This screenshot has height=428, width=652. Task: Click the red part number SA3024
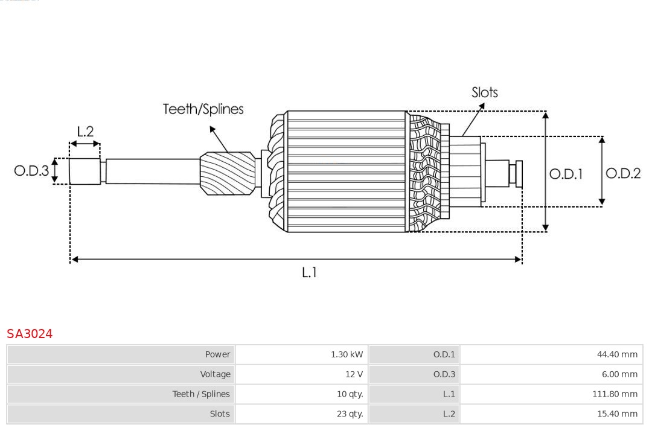pos(30,334)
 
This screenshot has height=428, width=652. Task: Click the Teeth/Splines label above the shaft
pos(203,109)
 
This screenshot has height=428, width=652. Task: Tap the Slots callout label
pos(484,92)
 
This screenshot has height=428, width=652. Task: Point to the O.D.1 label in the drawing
pos(566,174)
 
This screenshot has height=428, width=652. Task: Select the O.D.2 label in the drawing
pos(622,174)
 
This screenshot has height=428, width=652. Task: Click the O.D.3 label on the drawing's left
pos(31,171)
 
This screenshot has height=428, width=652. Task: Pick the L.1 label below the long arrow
pos(309,273)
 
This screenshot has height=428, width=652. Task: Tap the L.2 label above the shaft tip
pos(85,132)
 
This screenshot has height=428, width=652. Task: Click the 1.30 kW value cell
pos(347,354)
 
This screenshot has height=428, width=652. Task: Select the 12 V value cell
pos(354,374)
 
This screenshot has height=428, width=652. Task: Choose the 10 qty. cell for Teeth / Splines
pos(350,394)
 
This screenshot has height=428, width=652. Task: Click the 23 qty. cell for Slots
pos(350,414)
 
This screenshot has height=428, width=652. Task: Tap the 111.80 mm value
pos(615,394)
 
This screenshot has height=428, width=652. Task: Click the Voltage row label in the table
pos(215,374)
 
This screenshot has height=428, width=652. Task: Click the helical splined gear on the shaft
pos(228,173)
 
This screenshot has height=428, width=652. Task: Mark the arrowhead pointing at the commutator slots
pos(481,106)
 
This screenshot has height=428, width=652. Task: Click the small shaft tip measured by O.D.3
pos(85,171)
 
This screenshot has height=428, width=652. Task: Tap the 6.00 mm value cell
pos(619,374)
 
